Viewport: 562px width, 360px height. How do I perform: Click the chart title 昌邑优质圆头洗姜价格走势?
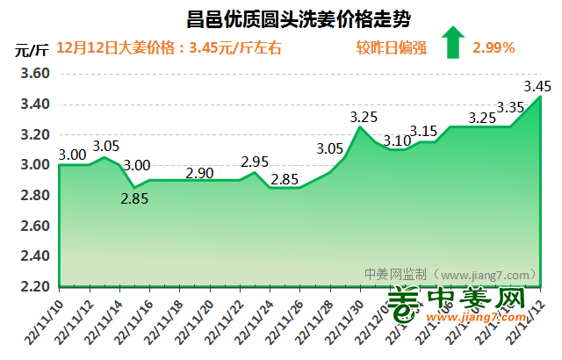[299, 18]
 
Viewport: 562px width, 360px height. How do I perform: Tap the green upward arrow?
[453, 42]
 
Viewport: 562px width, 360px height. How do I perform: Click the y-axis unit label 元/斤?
[31, 48]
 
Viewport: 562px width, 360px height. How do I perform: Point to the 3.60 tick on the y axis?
[32, 74]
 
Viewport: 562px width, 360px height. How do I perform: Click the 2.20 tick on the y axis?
[32, 287]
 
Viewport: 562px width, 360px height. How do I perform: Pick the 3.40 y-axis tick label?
[32, 104]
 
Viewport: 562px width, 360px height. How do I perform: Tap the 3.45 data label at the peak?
[537, 86]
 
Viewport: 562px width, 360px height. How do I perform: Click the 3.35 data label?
[510, 107]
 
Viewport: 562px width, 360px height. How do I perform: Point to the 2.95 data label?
[255, 162]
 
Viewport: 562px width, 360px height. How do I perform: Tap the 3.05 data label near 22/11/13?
[106, 146]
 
